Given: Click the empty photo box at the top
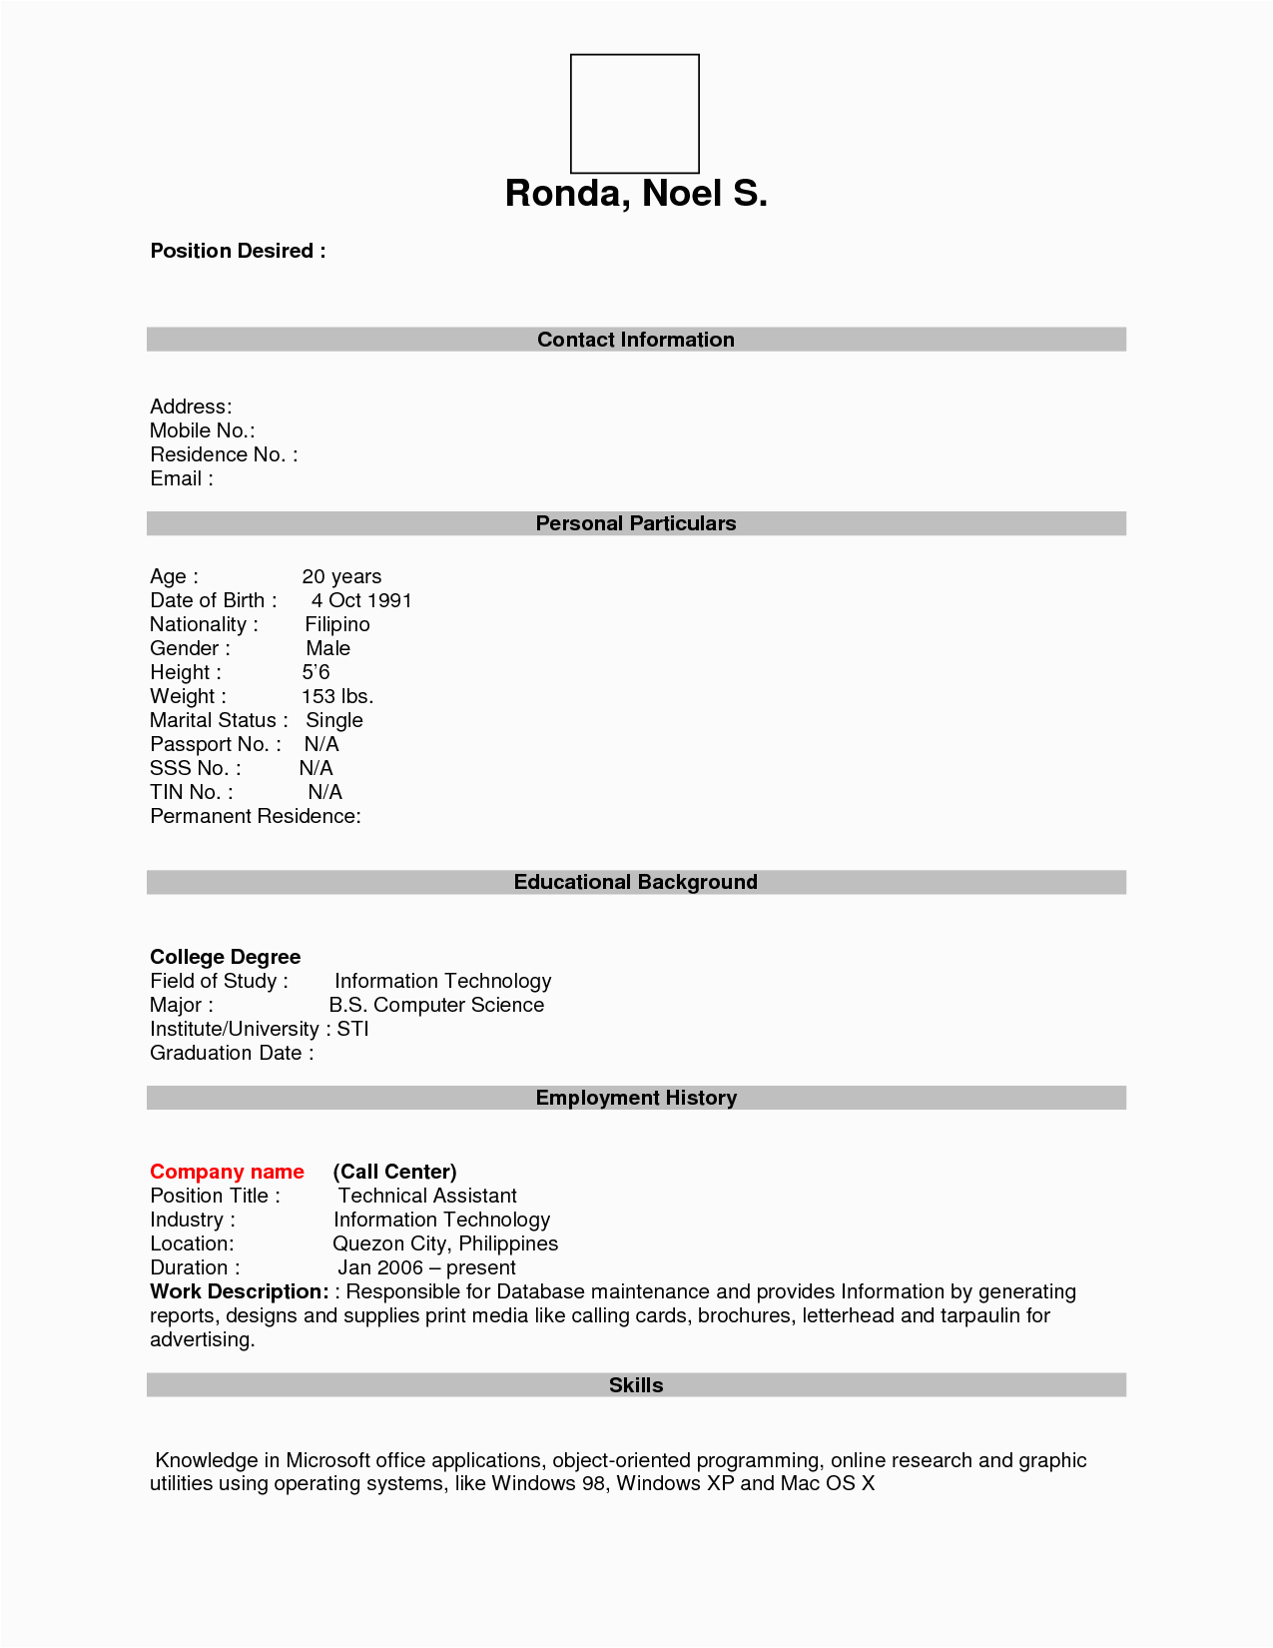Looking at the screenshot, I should pos(634,114).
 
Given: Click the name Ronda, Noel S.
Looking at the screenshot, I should pos(636,193).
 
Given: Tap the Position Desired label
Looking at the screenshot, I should pos(238,251).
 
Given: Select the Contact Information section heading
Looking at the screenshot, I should pos(635,340).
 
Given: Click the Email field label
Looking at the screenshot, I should pos(181,478).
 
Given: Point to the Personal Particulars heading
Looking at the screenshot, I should pos(635,523).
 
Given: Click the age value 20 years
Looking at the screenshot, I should pos(341,576).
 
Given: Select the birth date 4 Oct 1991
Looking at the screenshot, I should pos(361,600).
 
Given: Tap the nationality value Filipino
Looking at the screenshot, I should pos(337,624).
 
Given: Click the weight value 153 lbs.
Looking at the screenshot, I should pos(337,696).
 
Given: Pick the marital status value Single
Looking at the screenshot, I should pos(334,720).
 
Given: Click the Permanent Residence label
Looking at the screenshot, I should pos(255,816).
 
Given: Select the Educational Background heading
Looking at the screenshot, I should pos(635,882).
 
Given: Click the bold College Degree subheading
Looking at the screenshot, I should pos(225,957).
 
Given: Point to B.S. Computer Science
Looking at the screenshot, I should pos(436,1005).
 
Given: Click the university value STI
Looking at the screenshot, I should pos(352,1029).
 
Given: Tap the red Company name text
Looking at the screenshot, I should pos(227,1172).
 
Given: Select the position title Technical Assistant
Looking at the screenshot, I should pos(427,1196).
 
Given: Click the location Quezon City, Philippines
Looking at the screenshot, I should pos(445,1243).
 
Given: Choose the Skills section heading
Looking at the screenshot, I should pos(636,1385).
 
